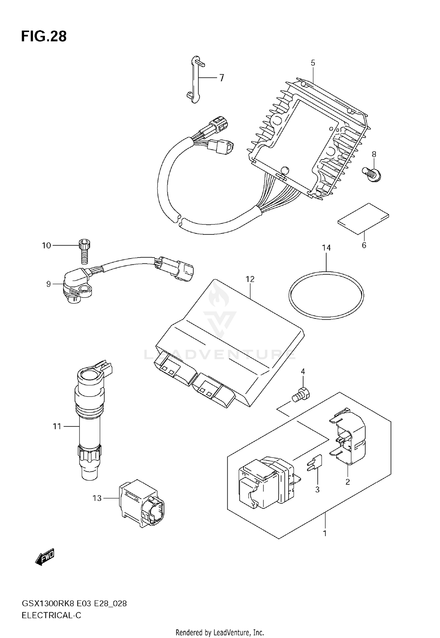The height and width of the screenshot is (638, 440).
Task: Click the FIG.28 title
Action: point(44,37)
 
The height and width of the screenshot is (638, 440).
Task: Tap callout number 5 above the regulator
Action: point(313,63)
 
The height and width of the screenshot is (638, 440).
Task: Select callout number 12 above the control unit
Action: point(250,279)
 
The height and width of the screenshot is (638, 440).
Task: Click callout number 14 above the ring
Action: point(326,248)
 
